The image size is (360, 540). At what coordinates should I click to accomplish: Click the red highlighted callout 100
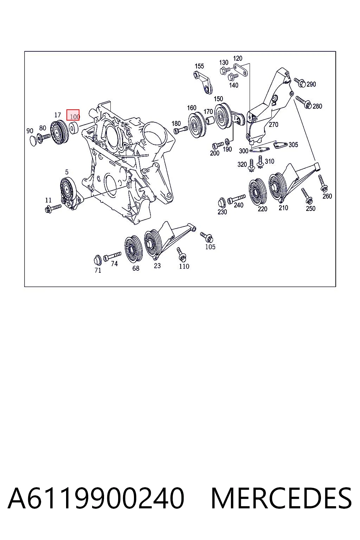tap(73, 115)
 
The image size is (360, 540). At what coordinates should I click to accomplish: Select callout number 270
tap(274, 125)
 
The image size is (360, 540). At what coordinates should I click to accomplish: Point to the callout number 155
tap(199, 66)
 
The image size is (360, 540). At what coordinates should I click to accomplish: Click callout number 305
tap(293, 144)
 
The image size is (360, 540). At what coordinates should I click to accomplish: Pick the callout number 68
tap(136, 268)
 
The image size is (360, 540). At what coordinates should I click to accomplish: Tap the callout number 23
tap(157, 266)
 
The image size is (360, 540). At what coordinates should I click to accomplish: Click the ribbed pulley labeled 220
tap(258, 192)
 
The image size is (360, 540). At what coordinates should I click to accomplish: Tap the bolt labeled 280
tap(304, 102)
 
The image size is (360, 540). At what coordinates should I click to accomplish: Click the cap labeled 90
tap(33, 141)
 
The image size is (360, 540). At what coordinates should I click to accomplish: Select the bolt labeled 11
tap(53, 208)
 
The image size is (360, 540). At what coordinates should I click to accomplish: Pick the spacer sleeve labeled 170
tap(210, 120)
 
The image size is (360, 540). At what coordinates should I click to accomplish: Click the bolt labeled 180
tap(181, 130)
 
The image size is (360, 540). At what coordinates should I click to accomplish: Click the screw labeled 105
tap(207, 237)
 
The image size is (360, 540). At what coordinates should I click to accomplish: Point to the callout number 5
tap(67, 172)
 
